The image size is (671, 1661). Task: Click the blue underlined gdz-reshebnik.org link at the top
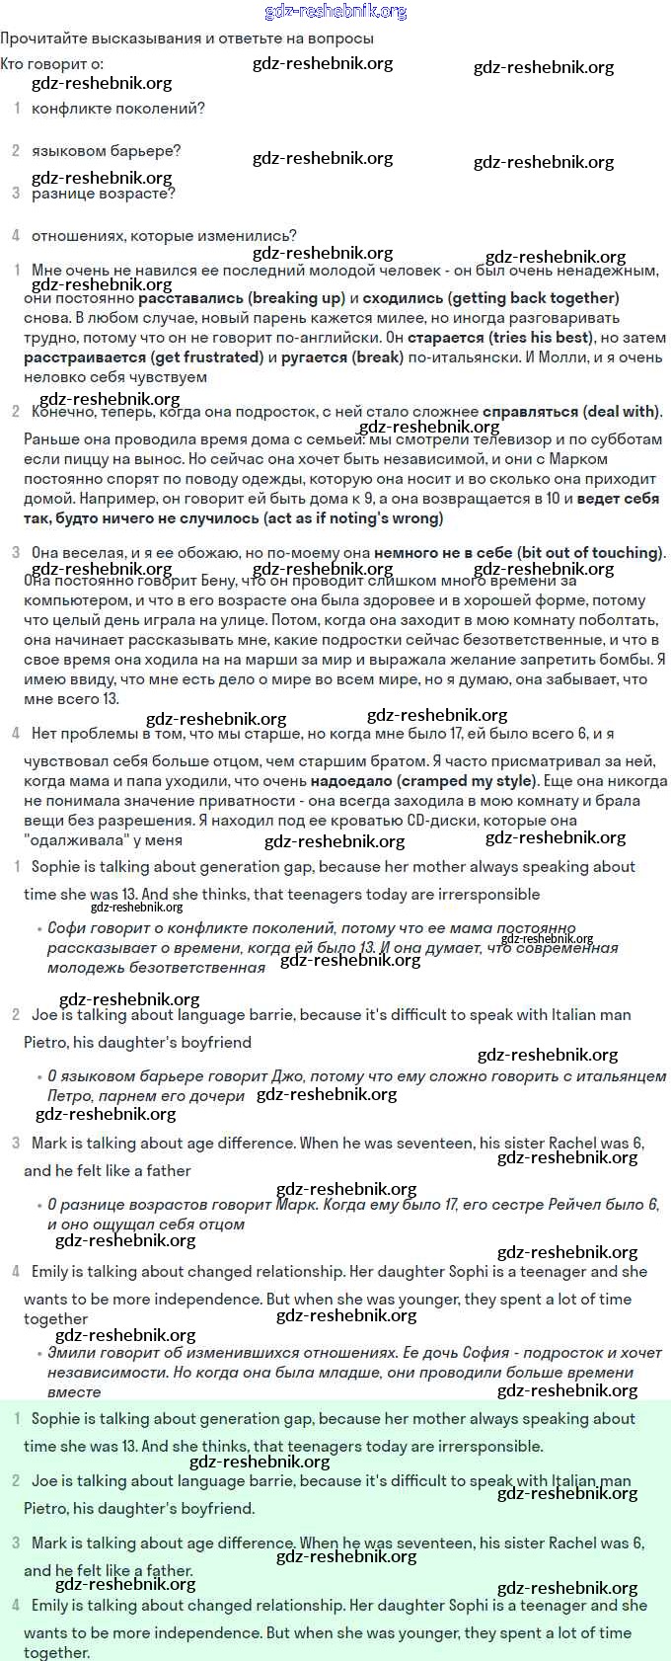335,12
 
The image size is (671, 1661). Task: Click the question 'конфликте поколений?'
118,109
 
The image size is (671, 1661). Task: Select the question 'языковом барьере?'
106,151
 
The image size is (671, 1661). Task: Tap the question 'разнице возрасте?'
104,194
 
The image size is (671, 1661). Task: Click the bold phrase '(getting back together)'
533,298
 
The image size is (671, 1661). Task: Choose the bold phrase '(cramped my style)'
467,781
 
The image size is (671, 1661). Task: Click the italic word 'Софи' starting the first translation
67,928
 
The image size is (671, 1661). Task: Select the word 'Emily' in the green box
53,1606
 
